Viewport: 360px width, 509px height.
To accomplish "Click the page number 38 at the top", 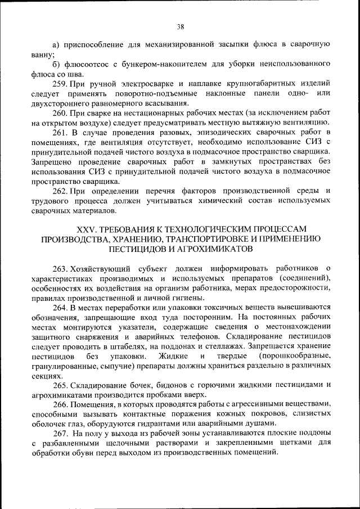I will coord(180,26).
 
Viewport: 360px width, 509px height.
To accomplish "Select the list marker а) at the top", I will coord(56,44).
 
